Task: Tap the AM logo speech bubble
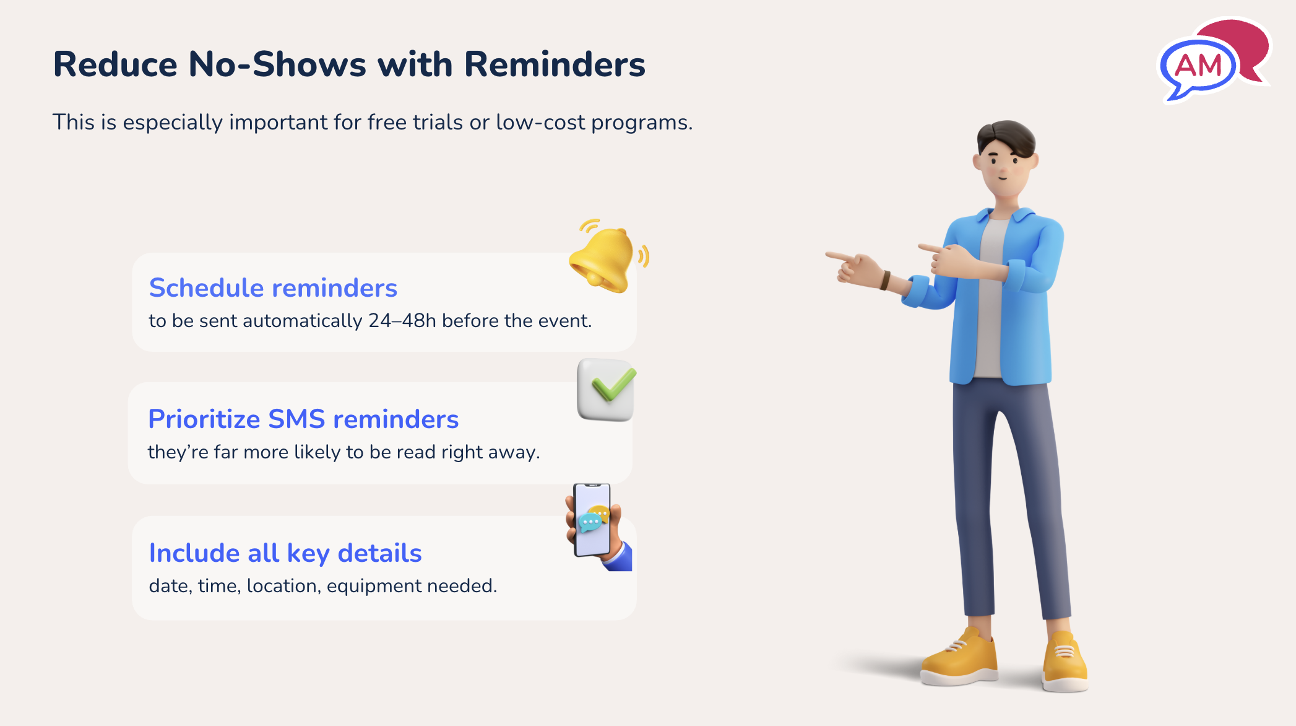[x=1198, y=66]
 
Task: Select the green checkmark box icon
[x=606, y=390]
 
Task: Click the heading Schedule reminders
[x=273, y=288]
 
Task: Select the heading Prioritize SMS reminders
[x=303, y=419]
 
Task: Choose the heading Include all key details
[x=285, y=553]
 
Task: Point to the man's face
[x=1003, y=167]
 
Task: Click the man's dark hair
[x=1006, y=136]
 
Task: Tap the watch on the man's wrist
[x=885, y=281]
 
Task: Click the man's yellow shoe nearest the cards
[x=959, y=660]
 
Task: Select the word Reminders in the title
[x=555, y=64]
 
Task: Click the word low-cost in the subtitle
[x=540, y=123]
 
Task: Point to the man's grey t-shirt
[x=990, y=297]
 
